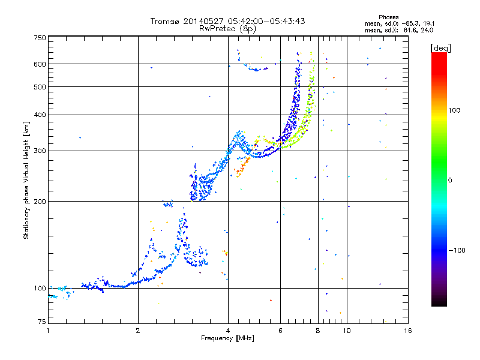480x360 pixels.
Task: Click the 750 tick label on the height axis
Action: (x=40, y=37)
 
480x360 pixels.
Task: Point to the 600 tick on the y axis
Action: (x=40, y=64)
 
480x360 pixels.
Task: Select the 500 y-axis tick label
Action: (x=40, y=86)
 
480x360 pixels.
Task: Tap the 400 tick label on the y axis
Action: (x=40, y=115)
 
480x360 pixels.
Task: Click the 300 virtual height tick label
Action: (x=40, y=151)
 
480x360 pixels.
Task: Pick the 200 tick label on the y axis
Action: (x=40, y=201)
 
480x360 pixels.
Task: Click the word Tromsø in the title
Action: (x=164, y=21)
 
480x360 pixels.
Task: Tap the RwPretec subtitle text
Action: (x=217, y=28)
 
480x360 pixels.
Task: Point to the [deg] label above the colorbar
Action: (x=440, y=47)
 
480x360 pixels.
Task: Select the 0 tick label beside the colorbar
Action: (x=449, y=180)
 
